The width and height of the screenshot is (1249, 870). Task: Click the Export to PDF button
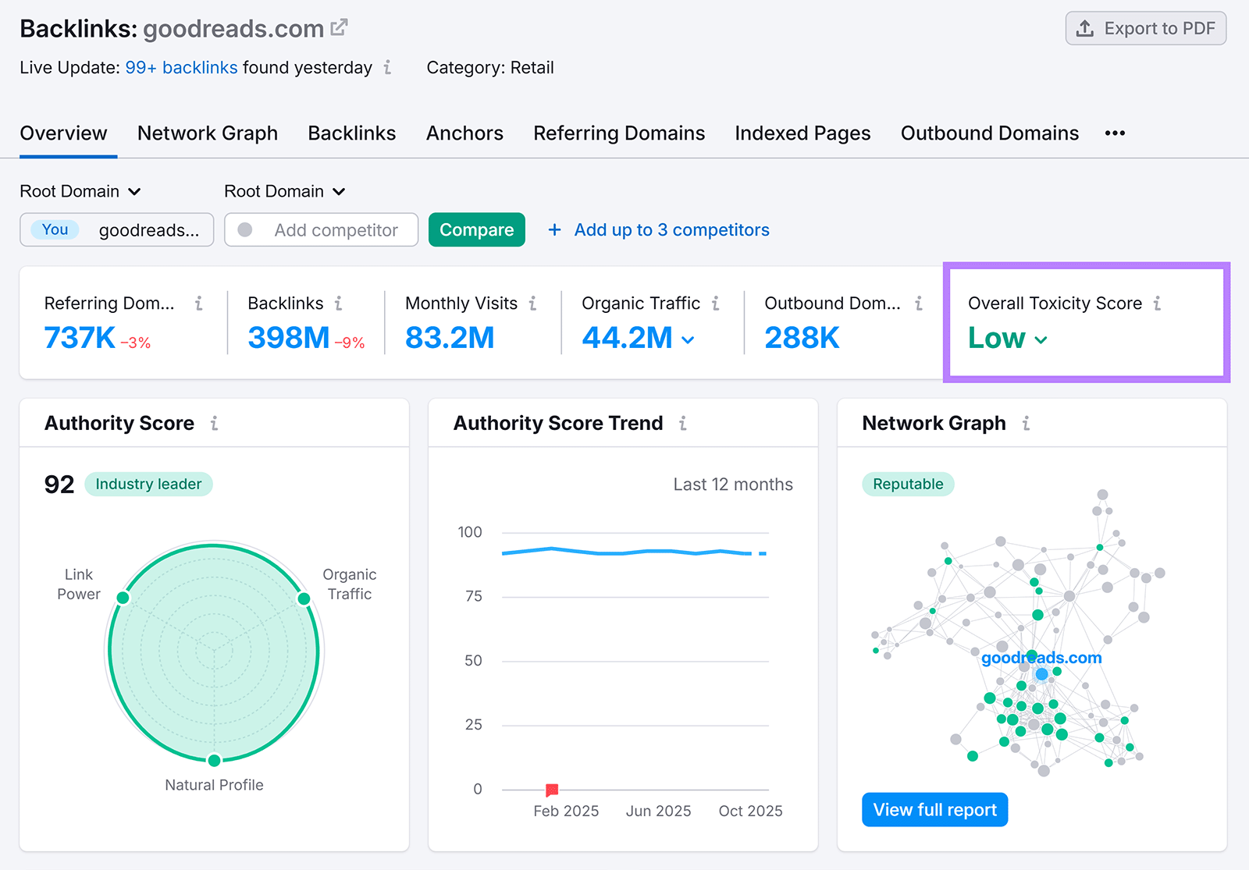[1145, 29]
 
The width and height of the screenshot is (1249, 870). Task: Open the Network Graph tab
[208, 133]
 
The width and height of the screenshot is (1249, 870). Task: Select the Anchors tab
[464, 133]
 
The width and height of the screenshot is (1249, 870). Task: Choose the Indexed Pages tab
[802, 133]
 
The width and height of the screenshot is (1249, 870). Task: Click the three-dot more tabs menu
[1115, 133]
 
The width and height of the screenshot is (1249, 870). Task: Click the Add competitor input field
[336, 230]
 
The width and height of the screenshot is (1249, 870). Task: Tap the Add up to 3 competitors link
[671, 230]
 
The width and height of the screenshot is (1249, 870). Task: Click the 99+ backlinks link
[181, 68]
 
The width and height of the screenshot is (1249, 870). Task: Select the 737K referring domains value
[80, 338]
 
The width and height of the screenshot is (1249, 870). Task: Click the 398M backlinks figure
[288, 338]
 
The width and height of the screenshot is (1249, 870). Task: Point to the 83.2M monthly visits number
[450, 338]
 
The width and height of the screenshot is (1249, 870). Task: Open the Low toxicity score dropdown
[1008, 339]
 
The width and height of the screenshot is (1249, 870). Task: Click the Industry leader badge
[148, 485]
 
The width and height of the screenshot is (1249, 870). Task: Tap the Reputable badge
[908, 485]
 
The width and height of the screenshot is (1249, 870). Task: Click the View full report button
[934, 810]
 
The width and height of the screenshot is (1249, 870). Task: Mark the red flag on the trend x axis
[552, 790]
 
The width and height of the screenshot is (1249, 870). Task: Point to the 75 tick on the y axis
[473, 597]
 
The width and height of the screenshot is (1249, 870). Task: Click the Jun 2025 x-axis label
[658, 811]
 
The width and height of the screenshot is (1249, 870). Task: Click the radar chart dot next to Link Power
[123, 598]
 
